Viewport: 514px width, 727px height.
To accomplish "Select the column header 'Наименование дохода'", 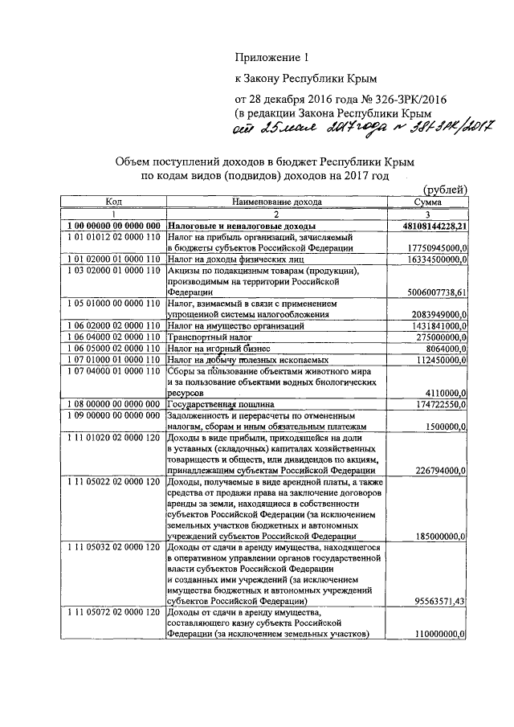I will click(274, 202).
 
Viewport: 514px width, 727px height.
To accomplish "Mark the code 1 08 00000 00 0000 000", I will click(116, 404).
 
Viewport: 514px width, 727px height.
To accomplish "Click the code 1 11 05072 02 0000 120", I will click(116, 613).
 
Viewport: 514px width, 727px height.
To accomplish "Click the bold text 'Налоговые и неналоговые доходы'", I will click(241, 227).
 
